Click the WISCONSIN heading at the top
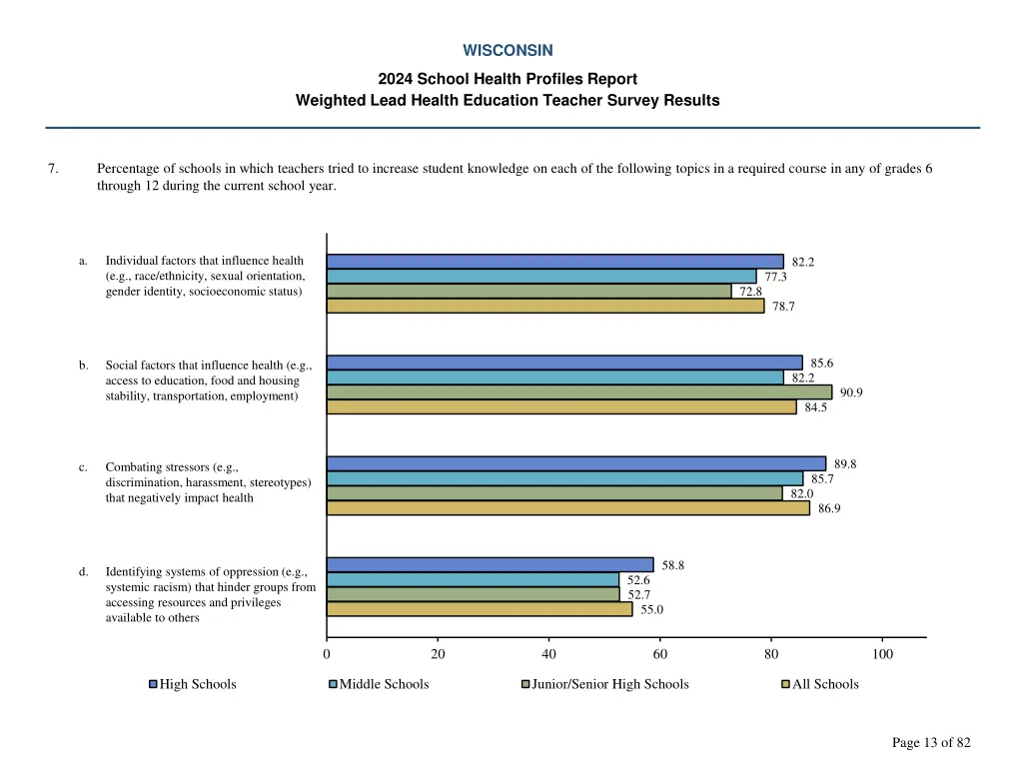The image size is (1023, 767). (x=508, y=50)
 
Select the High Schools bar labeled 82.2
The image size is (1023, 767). (x=554, y=262)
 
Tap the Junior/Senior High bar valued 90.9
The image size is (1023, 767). (x=578, y=392)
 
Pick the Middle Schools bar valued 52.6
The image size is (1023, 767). (x=473, y=579)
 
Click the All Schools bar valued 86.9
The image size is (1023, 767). (x=567, y=508)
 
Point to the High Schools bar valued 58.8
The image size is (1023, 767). (x=490, y=564)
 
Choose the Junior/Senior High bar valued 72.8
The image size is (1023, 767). (x=528, y=292)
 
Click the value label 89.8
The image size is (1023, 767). (x=845, y=463)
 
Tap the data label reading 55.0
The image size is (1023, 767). (x=651, y=609)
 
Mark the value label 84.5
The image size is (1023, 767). (x=815, y=407)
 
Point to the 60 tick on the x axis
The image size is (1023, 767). (x=660, y=654)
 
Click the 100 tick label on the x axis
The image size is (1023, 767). (x=882, y=654)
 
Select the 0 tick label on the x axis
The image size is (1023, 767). (x=327, y=654)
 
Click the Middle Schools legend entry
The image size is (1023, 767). (x=384, y=684)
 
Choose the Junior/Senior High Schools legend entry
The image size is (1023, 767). (x=609, y=684)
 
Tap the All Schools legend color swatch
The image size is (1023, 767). (x=785, y=684)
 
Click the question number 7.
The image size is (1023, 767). (x=52, y=169)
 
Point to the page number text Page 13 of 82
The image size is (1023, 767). (x=931, y=742)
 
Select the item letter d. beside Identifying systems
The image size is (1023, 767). (x=84, y=572)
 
